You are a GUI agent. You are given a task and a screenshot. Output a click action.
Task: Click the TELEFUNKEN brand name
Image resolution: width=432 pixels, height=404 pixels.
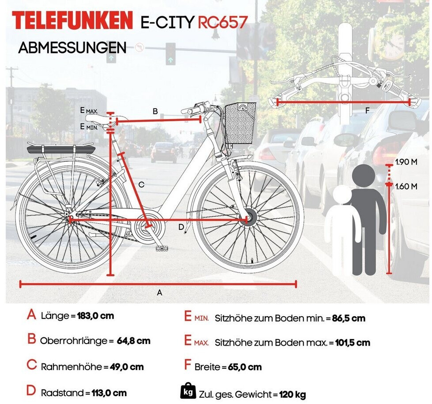tap(72, 21)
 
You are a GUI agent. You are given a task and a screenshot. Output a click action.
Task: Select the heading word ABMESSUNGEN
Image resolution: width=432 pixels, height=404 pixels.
tap(72, 48)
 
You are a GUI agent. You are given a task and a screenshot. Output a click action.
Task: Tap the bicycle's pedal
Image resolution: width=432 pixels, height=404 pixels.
tap(162, 249)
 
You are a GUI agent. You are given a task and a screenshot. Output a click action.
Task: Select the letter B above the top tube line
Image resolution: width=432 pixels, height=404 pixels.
tap(155, 112)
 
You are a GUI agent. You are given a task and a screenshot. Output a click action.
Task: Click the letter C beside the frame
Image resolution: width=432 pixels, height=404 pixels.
tap(141, 185)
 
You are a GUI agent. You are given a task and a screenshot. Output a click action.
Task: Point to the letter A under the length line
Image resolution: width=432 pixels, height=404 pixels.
tap(160, 292)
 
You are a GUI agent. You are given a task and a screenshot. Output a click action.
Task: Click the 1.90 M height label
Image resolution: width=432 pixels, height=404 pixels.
tap(406, 162)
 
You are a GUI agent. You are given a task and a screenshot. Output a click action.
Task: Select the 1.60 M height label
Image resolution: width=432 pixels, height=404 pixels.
tap(406, 186)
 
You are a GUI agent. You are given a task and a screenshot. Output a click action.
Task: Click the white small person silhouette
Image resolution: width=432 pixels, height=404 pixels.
tap(340, 229)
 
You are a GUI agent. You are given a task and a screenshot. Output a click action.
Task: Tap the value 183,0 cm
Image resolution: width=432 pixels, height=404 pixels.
tap(96, 316)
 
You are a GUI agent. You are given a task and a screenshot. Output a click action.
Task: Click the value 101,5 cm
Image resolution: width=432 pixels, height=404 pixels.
tap(350, 342)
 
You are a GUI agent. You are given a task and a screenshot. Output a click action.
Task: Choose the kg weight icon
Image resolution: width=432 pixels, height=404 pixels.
tap(188, 391)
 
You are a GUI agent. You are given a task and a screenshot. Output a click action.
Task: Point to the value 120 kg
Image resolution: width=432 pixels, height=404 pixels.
tap(293, 395)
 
